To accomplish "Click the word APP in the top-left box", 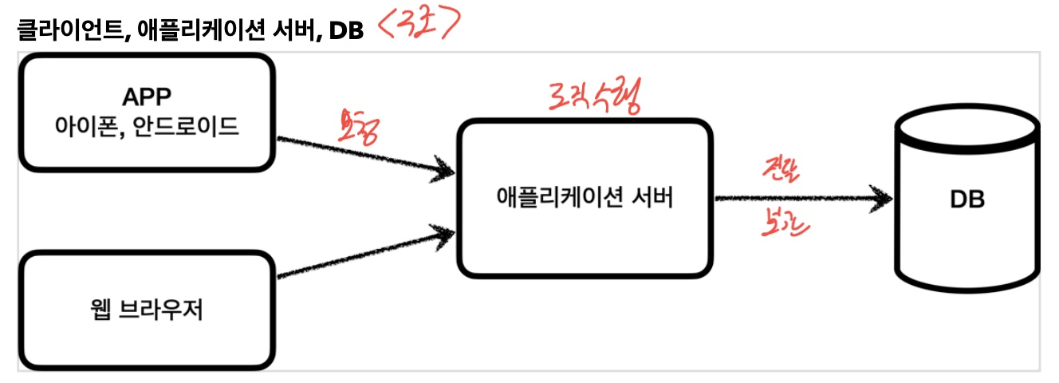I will click(x=147, y=97).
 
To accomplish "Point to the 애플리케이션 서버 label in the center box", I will click(x=584, y=197).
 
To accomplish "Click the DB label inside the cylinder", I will click(x=966, y=199).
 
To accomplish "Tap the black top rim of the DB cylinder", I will click(x=966, y=131).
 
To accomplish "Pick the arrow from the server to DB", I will click(x=797, y=198).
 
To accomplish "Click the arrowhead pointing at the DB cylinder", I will click(x=881, y=198).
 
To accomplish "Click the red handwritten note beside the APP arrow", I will click(x=357, y=127).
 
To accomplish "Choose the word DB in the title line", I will click(x=348, y=31).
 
